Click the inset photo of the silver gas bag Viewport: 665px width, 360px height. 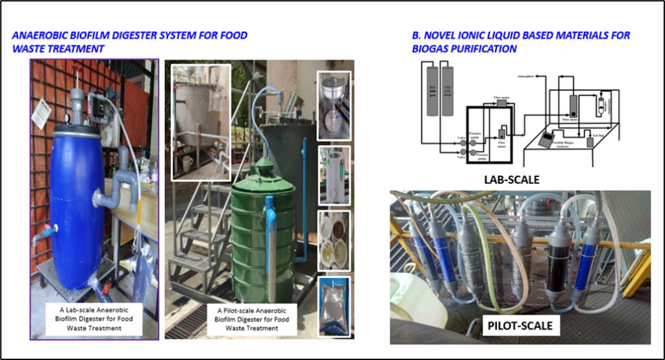(334, 305)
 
